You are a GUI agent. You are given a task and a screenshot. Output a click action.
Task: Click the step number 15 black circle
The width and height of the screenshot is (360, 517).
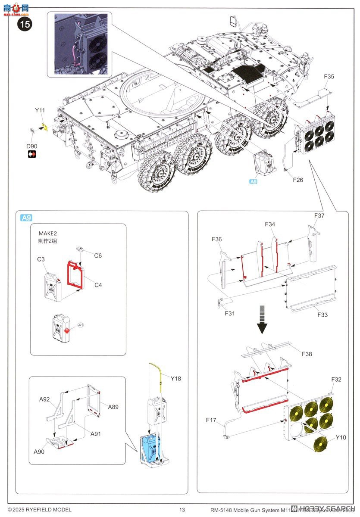click(x=25, y=24)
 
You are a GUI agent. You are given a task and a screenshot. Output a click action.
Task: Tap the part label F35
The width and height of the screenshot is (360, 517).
click(x=329, y=77)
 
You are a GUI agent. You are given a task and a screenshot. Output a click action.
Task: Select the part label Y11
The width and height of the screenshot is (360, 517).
click(x=40, y=111)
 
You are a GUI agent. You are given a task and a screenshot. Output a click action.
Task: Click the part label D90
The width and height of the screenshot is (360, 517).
click(x=31, y=146)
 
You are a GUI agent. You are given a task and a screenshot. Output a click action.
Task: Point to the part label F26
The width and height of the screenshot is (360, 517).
click(x=297, y=180)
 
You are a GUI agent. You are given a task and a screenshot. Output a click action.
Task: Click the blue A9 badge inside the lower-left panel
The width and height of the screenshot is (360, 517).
click(x=26, y=218)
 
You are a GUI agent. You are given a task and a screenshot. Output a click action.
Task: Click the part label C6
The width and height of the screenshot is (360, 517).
click(x=98, y=255)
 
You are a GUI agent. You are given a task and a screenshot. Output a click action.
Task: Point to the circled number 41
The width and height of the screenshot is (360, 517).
click(x=80, y=324)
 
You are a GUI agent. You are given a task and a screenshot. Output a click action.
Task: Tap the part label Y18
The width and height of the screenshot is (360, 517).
click(x=175, y=379)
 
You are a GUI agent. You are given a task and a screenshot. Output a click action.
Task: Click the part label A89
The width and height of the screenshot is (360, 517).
click(x=113, y=407)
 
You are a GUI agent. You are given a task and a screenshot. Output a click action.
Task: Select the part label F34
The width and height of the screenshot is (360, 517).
click(x=270, y=224)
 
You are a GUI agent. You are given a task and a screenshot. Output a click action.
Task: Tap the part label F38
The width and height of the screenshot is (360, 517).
click(x=307, y=354)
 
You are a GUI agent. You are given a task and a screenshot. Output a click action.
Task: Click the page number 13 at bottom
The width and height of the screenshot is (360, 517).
click(x=182, y=510)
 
